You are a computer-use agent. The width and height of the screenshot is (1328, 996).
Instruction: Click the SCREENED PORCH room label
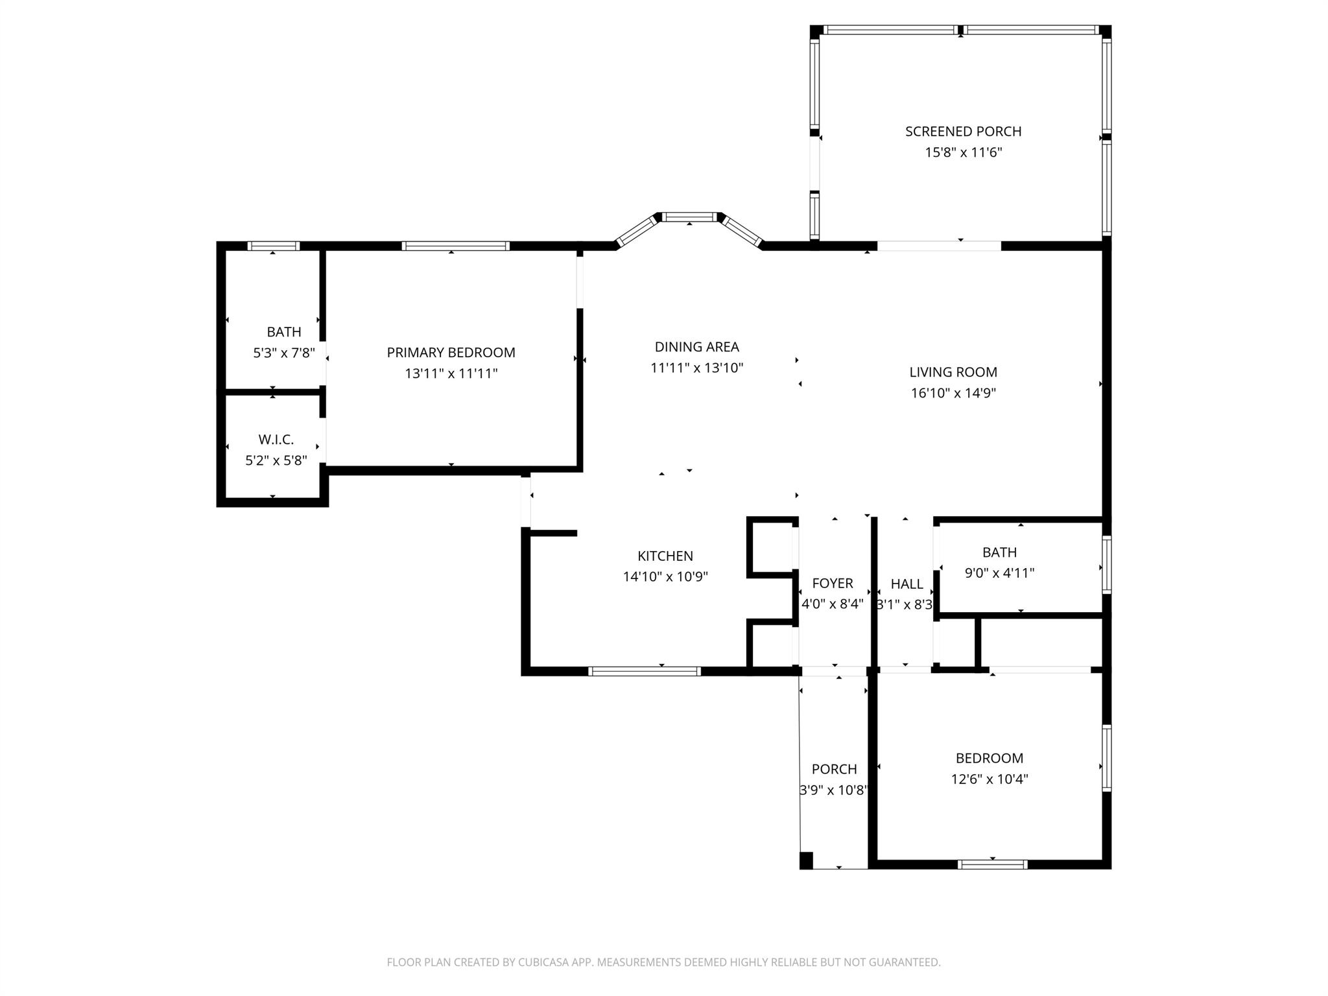pyautogui.click(x=963, y=132)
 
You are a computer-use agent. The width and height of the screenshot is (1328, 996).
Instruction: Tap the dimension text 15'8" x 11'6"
pyautogui.click(x=963, y=153)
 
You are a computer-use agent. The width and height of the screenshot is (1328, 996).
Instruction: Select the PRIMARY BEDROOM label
pyautogui.click(x=451, y=353)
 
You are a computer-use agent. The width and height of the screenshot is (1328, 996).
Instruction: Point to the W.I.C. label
pyautogui.click(x=276, y=440)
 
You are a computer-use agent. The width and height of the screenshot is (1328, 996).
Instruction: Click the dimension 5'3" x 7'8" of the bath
pyautogui.click(x=284, y=353)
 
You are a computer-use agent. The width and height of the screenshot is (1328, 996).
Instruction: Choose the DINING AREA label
pyautogui.click(x=696, y=347)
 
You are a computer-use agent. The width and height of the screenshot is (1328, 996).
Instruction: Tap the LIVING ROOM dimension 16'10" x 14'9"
pyautogui.click(x=953, y=393)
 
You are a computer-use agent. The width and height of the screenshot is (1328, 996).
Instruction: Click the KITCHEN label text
pyautogui.click(x=665, y=556)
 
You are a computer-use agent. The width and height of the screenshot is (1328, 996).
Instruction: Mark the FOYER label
pyautogui.click(x=832, y=584)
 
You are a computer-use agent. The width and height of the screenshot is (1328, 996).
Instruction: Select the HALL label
pyautogui.click(x=907, y=584)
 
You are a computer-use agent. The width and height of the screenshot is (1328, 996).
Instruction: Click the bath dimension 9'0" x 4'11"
pyautogui.click(x=999, y=573)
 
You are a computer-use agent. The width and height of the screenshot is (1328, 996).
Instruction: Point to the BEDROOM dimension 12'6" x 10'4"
pyautogui.click(x=989, y=779)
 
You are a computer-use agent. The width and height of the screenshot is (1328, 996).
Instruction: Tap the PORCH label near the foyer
pyautogui.click(x=834, y=769)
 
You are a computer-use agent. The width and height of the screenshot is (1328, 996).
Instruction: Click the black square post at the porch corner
pyautogui.click(x=806, y=860)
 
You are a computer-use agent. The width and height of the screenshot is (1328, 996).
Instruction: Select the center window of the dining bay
pyautogui.click(x=689, y=218)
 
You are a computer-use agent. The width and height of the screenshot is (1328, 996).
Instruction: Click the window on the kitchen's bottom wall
pyautogui.click(x=644, y=671)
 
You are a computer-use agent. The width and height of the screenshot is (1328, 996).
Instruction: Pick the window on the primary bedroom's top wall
pyautogui.click(x=455, y=246)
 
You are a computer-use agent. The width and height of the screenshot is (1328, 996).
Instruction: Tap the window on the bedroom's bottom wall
pyautogui.click(x=992, y=864)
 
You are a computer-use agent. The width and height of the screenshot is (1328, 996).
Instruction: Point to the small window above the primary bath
pyautogui.click(x=273, y=246)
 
